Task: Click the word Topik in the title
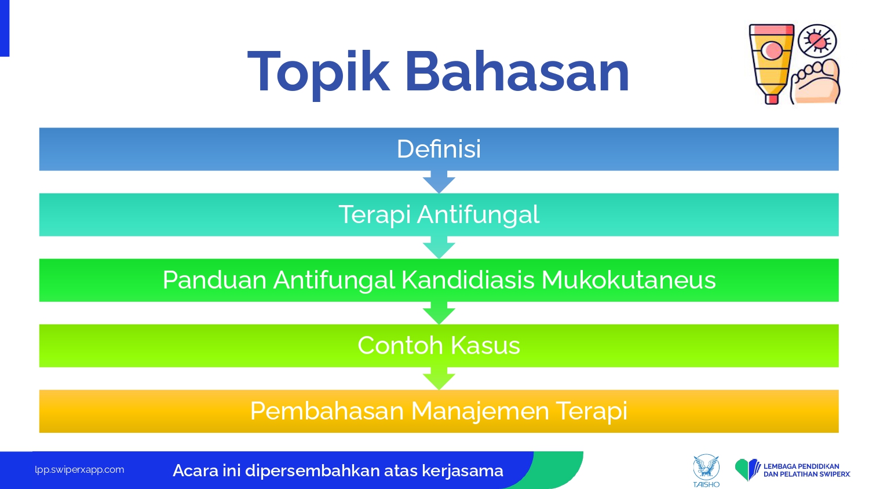[x=318, y=73]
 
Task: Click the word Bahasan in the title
[x=517, y=71]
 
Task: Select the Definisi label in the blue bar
[x=439, y=149]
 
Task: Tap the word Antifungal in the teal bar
[x=478, y=215]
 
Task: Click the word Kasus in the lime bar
[x=485, y=345]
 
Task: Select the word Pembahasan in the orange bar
[x=327, y=411]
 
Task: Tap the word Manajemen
[x=480, y=411]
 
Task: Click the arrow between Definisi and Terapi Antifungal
[x=439, y=182]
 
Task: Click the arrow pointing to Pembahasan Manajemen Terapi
[x=439, y=378]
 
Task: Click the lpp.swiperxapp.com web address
[x=79, y=470]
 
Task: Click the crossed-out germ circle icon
[x=817, y=41]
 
